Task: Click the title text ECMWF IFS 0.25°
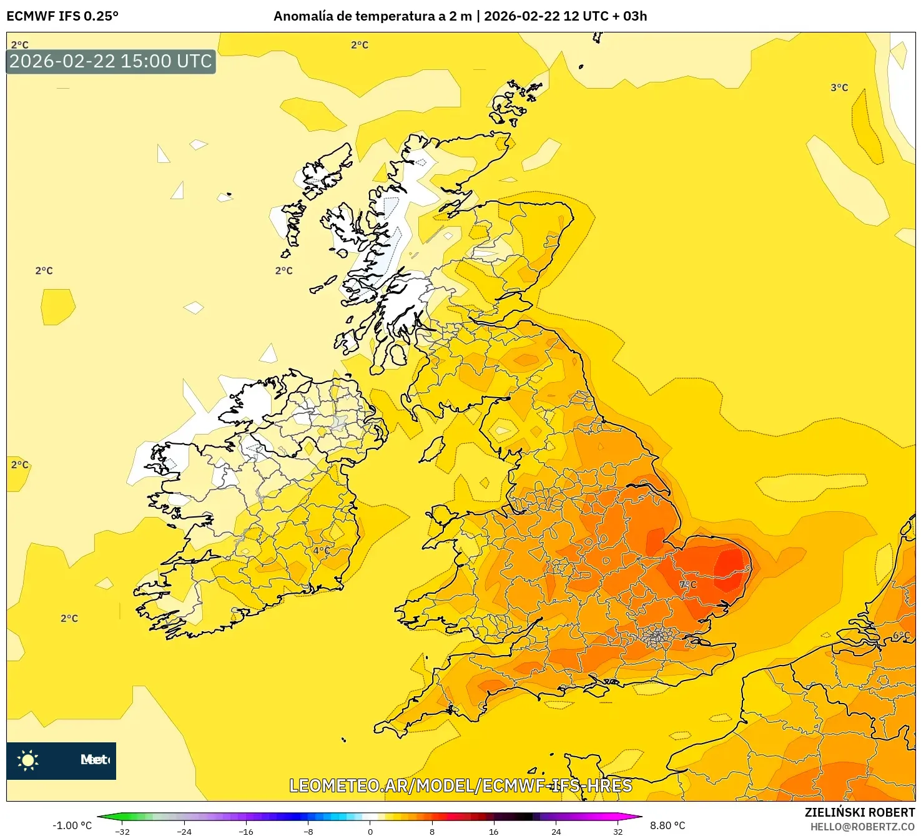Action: coord(62,16)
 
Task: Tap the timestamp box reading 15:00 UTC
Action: coord(111,61)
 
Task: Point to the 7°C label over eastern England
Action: coord(687,585)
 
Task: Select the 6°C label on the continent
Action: coord(901,636)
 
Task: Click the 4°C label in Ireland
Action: coord(322,551)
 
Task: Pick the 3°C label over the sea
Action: coord(839,87)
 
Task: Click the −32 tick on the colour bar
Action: coord(122,832)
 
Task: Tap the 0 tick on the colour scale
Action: coord(370,832)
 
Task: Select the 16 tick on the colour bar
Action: coord(494,832)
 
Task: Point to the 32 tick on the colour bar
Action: coord(618,832)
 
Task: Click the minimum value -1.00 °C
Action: coord(72,825)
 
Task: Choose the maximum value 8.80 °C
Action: coord(667,825)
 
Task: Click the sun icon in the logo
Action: coord(28,760)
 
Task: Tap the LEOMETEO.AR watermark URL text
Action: coord(461,785)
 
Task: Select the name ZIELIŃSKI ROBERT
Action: coord(859,812)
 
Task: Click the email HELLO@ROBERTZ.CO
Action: coord(862,827)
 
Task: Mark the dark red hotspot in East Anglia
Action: coord(728,562)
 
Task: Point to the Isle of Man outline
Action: coord(432,450)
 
